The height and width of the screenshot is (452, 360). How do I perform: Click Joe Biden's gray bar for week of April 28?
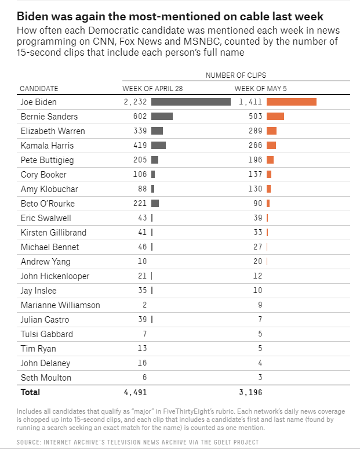tap(191, 102)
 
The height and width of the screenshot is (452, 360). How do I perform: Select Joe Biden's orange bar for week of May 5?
tap(292, 102)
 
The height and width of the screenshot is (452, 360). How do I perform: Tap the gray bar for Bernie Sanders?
tap(162, 117)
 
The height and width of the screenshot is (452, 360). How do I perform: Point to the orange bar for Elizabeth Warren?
tap(271, 131)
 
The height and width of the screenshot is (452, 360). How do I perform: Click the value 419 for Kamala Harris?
tap(139, 146)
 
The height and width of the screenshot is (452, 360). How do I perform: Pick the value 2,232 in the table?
tap(135, 102)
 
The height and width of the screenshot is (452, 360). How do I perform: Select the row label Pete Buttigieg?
tap(47, 160)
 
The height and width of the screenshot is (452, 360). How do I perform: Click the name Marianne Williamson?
tap(60, 305)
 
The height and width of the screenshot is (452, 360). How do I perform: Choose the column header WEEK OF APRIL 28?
tap(152, 88)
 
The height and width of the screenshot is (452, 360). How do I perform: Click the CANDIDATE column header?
tap(39, 88)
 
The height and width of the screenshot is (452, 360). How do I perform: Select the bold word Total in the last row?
tap(30, 393)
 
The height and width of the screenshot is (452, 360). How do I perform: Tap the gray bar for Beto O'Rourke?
tap(155, 204)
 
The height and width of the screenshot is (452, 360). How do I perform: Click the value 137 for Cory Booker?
tap(256, 175)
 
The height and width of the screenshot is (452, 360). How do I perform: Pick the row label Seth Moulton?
tap(46, 378)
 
